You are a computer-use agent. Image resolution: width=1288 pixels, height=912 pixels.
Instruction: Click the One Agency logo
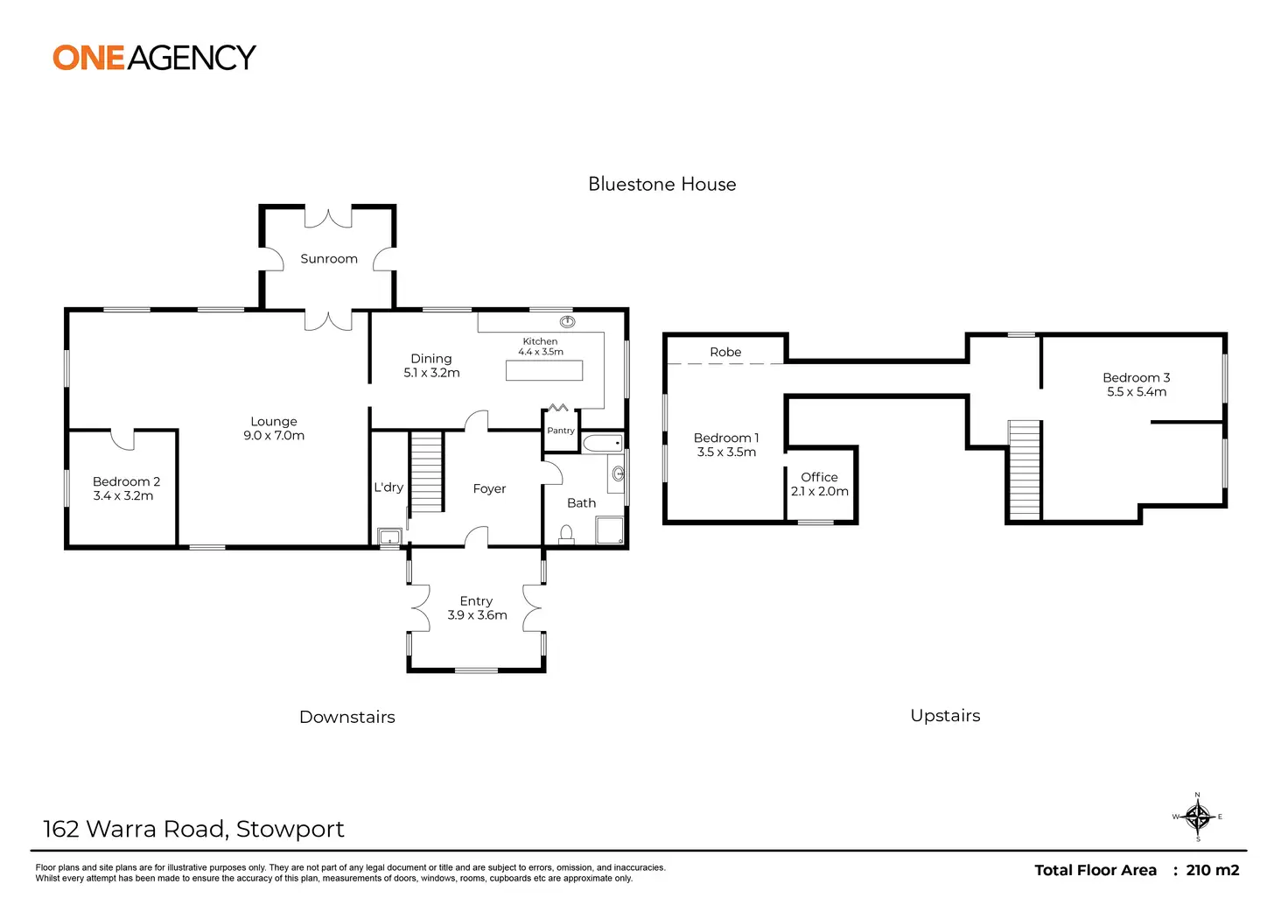click(154, 58)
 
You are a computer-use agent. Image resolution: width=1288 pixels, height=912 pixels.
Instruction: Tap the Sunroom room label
click(329, 259)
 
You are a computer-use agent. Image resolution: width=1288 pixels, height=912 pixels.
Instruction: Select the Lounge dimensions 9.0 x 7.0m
click(274, 436)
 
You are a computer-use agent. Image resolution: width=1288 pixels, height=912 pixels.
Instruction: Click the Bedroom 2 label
click(126, 481)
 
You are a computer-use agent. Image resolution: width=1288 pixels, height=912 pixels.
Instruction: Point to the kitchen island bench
click(544, 370)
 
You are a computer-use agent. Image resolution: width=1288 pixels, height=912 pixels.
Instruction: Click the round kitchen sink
click(567, 322)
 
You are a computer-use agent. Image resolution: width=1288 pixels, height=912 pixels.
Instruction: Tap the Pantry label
click(561, 431)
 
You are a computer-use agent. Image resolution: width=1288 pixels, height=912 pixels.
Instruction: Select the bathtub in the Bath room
click(603, 443)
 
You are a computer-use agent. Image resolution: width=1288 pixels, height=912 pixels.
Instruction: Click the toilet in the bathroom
click(566, 534)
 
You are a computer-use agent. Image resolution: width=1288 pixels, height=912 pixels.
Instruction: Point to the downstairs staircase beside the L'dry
click(426, 473)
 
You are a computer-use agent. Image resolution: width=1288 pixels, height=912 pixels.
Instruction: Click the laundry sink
click(389, 537)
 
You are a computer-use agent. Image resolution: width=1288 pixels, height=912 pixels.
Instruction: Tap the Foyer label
click(489, 489)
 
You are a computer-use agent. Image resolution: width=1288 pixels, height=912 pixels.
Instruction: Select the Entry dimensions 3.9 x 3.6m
click(477, 615)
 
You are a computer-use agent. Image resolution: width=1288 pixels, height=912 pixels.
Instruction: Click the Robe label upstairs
click(725, 352)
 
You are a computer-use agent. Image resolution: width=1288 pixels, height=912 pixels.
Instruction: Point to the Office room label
click(819, 477)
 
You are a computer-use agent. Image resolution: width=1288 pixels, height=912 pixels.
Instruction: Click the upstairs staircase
click(1025, 470)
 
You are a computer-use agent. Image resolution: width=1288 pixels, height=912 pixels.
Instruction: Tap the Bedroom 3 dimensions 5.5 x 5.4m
click(1137, 392)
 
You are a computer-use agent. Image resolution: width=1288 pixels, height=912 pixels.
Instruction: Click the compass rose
click(1198, 817)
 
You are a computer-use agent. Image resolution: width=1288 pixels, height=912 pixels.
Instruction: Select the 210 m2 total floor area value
click(1213, 870)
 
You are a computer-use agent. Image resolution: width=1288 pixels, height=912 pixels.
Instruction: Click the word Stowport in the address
click(290, 829)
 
